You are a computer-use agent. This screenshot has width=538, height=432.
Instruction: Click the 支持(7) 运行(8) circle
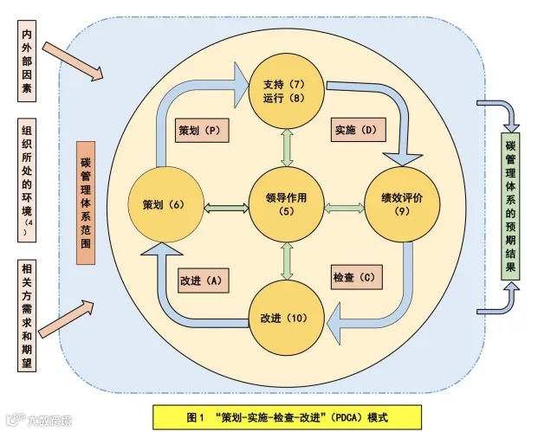pos(283,90)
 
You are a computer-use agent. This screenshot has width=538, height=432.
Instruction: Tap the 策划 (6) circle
pos(165,204)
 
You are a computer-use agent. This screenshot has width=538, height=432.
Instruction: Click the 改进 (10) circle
pos(283,316)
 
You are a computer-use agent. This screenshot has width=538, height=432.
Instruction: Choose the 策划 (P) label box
pos(201,131)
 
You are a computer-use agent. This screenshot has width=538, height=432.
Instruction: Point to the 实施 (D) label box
pos(356,131)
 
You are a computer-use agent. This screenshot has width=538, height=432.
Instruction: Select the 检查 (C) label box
pos(356,278)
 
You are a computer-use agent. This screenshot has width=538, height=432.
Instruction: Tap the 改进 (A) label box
pos(202,280)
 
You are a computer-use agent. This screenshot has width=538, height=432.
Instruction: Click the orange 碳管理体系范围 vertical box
pos(85,203)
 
